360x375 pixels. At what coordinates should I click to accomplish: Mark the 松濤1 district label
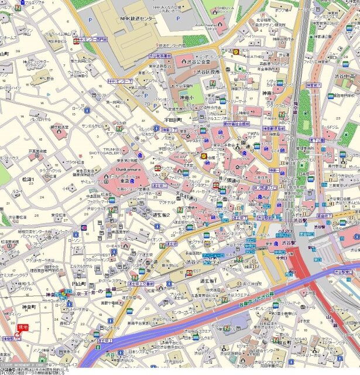pos(28,179)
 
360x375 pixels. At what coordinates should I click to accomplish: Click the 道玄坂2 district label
pos(161,215)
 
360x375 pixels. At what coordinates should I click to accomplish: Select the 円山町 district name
pos(78,284)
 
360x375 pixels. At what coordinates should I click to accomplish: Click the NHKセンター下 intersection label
pos(119,80)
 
